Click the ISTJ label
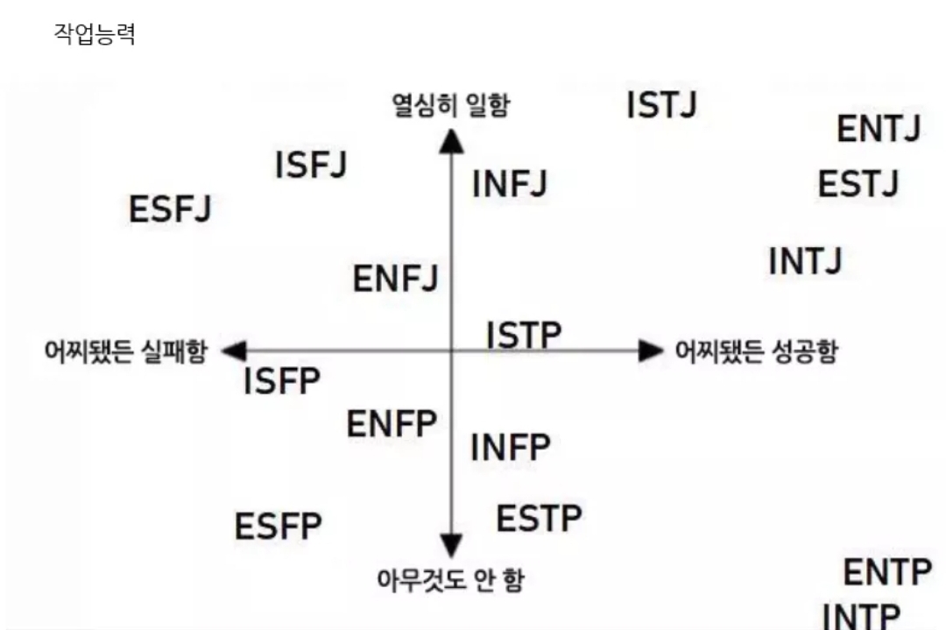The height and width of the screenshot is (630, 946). (662, 105)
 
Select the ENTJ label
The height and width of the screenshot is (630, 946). (879, 130)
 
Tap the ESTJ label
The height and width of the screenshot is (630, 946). (858, 184)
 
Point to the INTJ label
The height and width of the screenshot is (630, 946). (805, 261)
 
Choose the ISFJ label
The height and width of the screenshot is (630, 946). (311, 165)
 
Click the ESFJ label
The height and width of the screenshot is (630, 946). (171, 209)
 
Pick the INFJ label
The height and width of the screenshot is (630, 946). (510, 184)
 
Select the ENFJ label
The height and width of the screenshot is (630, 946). (395, 280)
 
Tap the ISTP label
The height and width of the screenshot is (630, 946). (524, 334)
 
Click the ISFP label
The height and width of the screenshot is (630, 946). (282, 381)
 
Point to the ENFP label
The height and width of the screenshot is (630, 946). (392, 425)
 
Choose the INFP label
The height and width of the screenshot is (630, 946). (511, 448)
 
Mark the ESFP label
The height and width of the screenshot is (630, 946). (279, 527)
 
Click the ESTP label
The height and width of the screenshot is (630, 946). (539, 519)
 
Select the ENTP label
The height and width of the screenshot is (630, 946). (886, 573)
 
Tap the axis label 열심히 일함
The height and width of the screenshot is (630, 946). (450, 106)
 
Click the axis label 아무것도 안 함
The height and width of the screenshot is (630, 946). (450, 579)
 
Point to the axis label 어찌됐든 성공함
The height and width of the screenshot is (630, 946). (756, 351)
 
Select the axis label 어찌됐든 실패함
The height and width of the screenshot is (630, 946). (126, 351)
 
